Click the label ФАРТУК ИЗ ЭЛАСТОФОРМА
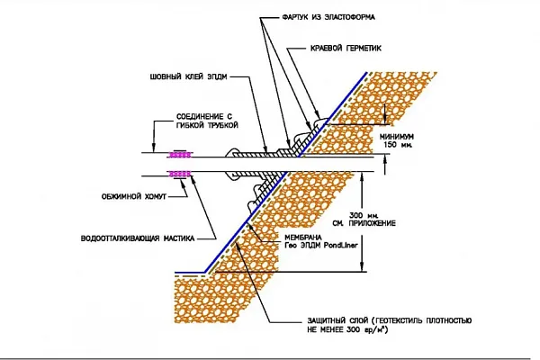tap(328, 17)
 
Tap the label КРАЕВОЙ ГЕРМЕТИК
tap(346, 49)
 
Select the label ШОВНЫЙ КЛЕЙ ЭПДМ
tap(188, 76)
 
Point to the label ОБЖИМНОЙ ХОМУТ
tap(134, 197)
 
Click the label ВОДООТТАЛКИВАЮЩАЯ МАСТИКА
tap(138, 238)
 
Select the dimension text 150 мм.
tap(398, 145)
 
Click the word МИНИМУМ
tap(397, 137)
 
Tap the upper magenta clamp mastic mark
tap(179, 155)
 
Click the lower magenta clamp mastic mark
tap(179, 174)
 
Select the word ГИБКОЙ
tap(191, 125)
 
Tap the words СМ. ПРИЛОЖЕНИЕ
tap(364, 223)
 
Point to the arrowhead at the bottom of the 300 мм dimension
tap(362, 268)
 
